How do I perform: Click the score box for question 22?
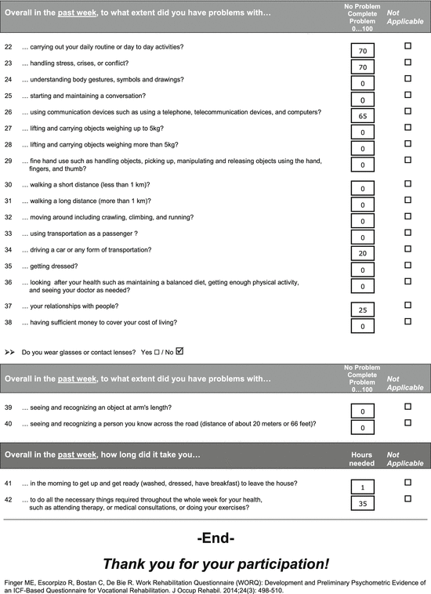tap(363, 49)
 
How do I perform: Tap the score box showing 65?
tap(363, 114)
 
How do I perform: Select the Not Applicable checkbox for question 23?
tap(407, 63)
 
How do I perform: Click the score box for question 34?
tap(363, 253)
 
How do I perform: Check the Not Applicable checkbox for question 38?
tap(407, 321)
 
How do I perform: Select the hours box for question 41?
tap(363, 487)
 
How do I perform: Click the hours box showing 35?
tap(363, 503)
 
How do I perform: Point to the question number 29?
tap(9, 161)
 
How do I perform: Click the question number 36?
tap(9, 282)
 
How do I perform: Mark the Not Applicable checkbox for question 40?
tap(407, 424)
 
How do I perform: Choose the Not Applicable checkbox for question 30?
tap(407, 184)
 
